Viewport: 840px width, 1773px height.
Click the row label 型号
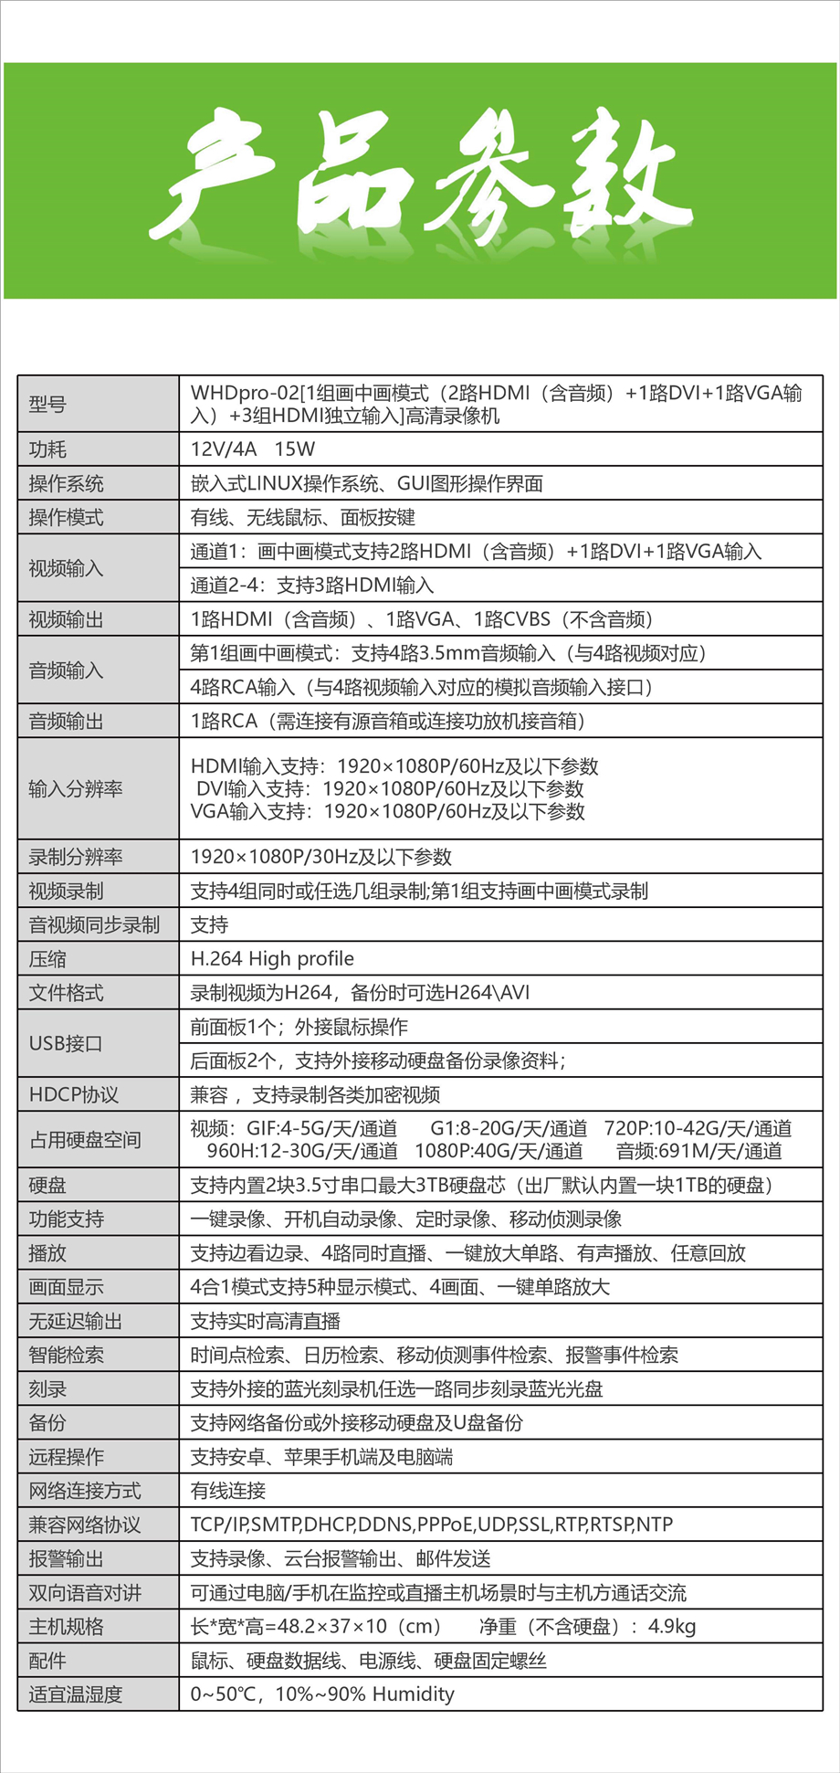(47, 404)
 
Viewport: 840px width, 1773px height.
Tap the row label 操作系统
(66, 483)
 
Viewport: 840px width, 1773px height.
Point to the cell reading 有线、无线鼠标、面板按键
(302, 517)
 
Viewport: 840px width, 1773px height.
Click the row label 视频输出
(66, 619)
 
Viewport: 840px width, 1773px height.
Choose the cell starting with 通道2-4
(311, 585)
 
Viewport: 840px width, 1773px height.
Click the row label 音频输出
(66, 721)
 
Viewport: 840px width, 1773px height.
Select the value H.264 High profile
(272, 958)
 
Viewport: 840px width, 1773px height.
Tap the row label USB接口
(66, 1043)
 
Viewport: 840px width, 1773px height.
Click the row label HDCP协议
(73, 1094)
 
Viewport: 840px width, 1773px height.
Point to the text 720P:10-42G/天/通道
(698, 1128)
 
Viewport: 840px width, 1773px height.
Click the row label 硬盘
(47, 1185)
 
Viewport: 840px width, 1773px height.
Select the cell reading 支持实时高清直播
(265, 1321)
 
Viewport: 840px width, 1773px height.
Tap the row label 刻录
(47, 1388)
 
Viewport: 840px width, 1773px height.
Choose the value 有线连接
(227, 1491)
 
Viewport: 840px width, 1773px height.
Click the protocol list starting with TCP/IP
(431, 1525)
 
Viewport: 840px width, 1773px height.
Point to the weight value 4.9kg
(672, 1626)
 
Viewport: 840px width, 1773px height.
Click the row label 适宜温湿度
(75, 1694)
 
